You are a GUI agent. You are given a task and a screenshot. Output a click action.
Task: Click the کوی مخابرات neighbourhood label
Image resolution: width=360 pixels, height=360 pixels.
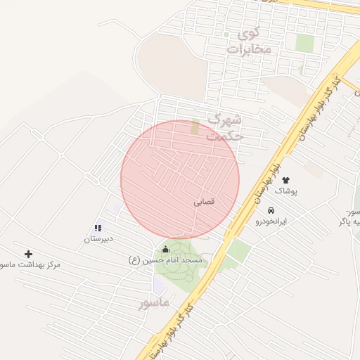249,41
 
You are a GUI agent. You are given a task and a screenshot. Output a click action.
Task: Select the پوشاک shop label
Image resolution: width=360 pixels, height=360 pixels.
286,191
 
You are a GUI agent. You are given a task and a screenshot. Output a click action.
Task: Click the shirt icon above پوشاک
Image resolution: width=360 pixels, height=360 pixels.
286,180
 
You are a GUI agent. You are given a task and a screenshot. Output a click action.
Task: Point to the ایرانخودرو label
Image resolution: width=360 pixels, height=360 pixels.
272,221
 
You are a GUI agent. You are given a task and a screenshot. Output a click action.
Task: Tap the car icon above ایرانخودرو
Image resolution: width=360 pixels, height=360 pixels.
271,210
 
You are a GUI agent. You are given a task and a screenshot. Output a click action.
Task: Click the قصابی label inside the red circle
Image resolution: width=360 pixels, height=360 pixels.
204,201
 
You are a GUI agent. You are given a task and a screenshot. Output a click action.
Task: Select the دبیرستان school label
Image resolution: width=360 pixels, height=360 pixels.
98,239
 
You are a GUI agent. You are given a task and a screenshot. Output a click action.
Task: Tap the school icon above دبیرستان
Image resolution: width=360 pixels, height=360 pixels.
98,228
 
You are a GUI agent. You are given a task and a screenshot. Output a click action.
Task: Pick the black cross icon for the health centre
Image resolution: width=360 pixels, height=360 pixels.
28,254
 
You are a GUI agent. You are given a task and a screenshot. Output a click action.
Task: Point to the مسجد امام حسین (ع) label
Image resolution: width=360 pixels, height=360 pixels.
166,260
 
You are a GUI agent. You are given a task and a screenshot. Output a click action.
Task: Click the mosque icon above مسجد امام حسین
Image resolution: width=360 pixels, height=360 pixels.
166,249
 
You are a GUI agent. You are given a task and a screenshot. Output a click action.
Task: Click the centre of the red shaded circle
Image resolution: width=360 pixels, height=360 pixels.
180,180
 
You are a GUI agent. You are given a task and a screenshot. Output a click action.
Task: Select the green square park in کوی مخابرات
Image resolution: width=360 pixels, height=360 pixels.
304,43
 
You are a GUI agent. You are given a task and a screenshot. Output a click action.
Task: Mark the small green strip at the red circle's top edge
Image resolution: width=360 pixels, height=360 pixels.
195,127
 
